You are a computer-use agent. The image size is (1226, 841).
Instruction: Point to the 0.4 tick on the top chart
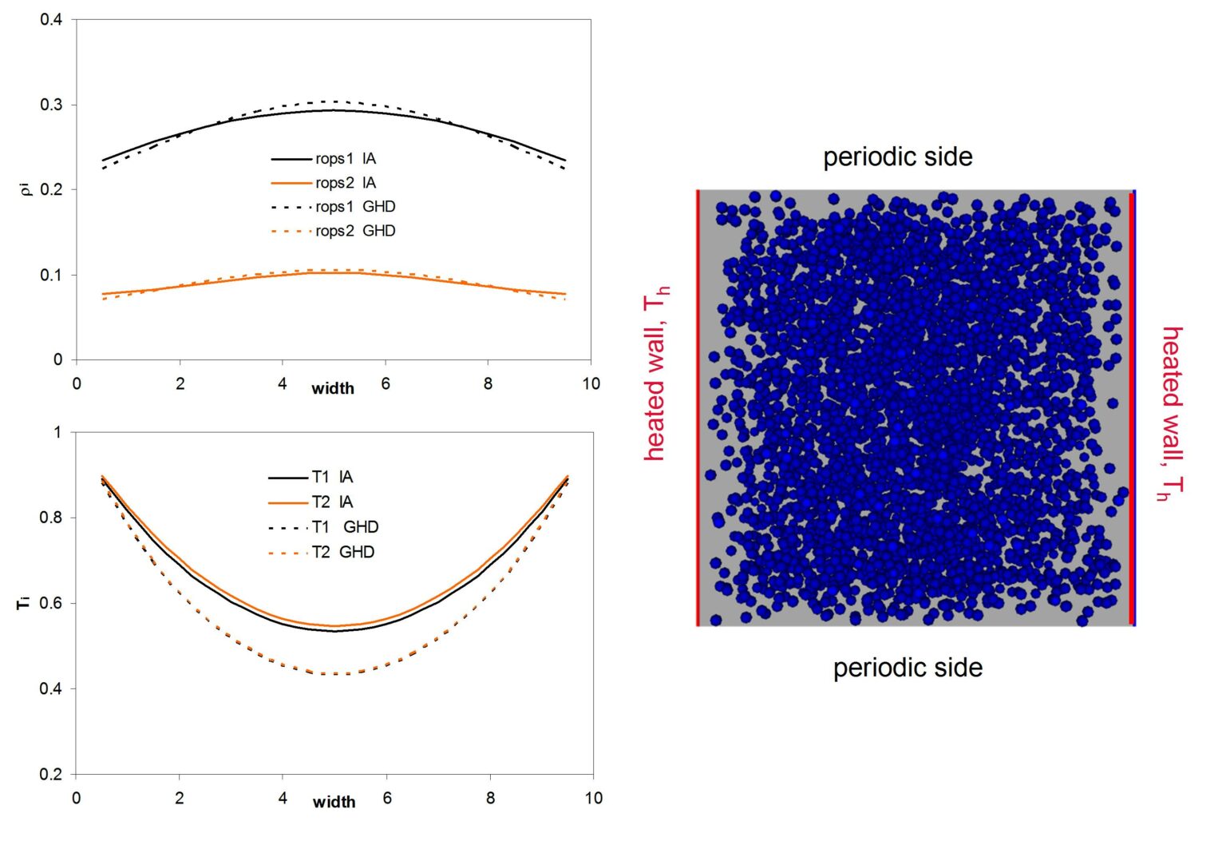coord(52,19)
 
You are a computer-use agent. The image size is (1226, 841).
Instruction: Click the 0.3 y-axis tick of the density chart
coord(52,105)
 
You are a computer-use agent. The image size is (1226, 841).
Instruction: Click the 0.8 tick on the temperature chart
coord(50,518)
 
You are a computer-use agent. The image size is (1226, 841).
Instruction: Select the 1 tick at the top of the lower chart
coord(57,432)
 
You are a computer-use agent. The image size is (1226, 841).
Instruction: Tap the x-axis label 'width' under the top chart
coord(333,388)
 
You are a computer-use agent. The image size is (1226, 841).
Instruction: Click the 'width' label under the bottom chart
coord(334,802)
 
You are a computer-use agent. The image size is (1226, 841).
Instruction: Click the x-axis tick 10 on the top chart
coord(591,383)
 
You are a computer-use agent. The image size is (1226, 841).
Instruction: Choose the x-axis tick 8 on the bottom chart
coord(490,798)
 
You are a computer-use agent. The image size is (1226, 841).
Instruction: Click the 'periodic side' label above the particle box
coord(898,157)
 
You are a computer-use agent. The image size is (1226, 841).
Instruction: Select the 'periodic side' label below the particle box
coord(908,668)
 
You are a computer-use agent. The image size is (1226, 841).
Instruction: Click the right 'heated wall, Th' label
coord(1171,413)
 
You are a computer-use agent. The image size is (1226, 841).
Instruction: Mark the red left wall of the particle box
coord(698,407)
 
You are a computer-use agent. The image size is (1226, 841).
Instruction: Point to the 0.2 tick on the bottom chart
coord(50,774)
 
